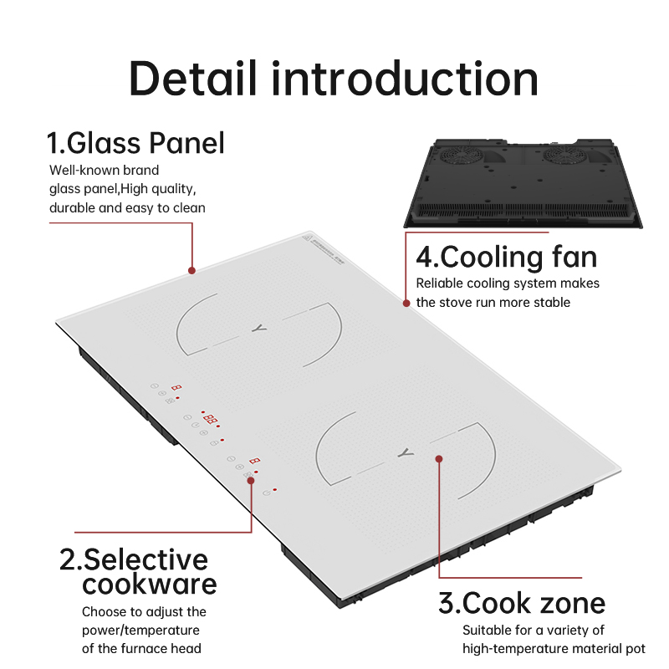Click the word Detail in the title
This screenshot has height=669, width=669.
[193, 79]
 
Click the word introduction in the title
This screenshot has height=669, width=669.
[405, 79]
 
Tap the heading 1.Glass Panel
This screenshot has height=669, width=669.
[135, 143]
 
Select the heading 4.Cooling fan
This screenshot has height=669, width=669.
[506, 258]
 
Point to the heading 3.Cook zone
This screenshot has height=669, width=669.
[522, 603]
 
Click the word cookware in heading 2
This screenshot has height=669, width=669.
[150, 584]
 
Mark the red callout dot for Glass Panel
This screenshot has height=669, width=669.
[192, 270]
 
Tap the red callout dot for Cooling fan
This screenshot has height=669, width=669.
[406, 303]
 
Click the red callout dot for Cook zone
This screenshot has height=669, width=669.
[439, 458]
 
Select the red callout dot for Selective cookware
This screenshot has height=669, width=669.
[251, 480]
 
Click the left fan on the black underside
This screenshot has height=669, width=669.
[462, 155]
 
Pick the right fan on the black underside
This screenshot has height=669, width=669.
[563, 155]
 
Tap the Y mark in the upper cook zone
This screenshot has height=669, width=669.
[258, 328]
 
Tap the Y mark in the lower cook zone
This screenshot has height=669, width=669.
[406, 452]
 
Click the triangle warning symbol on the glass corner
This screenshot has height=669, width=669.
[307, 238]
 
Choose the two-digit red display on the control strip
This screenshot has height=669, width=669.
[211, 419]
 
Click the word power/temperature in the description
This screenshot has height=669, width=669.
[140, 631]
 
